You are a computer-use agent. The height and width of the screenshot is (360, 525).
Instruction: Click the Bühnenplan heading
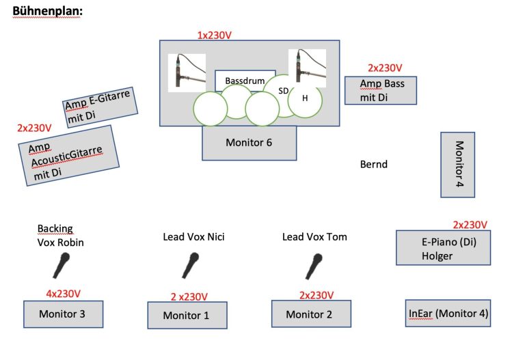[x=48, y=11]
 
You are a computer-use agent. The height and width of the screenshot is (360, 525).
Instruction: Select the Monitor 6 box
[x=249, y=143]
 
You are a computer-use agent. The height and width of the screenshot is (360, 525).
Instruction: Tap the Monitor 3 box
[x=64, y=314]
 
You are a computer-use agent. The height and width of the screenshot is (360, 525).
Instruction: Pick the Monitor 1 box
[x=187, y=315]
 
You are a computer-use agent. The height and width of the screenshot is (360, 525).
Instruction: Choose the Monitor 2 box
[x=311, y=314]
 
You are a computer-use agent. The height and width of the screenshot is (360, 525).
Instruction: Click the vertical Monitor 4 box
[x=457, y=165]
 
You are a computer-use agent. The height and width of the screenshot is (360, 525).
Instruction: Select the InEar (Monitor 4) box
[x=448, y=313]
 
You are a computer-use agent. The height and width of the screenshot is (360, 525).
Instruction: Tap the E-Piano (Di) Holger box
[x=443, y=247]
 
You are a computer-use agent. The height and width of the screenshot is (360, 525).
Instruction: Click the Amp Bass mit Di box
[x=381, y=90]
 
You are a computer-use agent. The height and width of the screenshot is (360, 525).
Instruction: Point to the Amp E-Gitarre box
[x=100, y=107]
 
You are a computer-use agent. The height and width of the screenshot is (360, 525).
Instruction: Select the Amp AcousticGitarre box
[x=68, y=155]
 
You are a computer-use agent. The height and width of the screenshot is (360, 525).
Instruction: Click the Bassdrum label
[x=245, y=81]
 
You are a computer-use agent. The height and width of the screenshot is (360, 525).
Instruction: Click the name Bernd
[x=374, y=164]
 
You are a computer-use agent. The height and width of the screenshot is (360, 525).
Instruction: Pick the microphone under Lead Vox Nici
[x=190, y=265]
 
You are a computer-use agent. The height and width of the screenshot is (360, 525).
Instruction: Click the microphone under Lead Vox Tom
[x=314, y=266]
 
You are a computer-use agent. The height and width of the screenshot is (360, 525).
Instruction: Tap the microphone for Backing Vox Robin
[x=62, y=265]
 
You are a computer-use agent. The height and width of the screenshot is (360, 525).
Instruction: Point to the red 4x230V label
[x=64, y=294]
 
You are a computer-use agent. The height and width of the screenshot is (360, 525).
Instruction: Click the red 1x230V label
[x=214, y=35]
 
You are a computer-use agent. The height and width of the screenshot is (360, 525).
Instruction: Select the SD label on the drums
[x=283, y=91]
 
